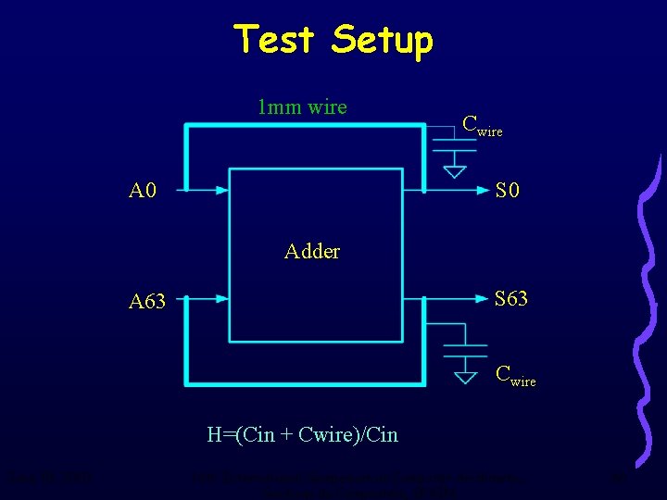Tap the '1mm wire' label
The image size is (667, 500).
coord(302,107)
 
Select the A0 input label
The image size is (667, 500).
coord(143,192)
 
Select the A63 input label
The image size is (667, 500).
coord(147,301)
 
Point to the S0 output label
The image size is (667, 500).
coord(507,192)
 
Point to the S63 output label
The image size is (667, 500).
coord(511,299)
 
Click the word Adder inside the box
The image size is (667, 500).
coord(312,251)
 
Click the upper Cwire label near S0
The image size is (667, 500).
coord(482,126)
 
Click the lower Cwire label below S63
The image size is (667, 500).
coord(515,376)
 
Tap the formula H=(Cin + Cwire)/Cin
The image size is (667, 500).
coord(303,434)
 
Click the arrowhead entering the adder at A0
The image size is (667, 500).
coord(221,191)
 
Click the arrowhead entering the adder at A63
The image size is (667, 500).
coord(221,299)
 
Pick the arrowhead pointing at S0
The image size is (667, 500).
coord(483,192)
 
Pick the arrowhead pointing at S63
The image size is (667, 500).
coord(483,298)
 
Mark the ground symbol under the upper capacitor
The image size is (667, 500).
coord(454,170)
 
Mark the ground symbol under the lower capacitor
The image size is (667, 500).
coord(464,376)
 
